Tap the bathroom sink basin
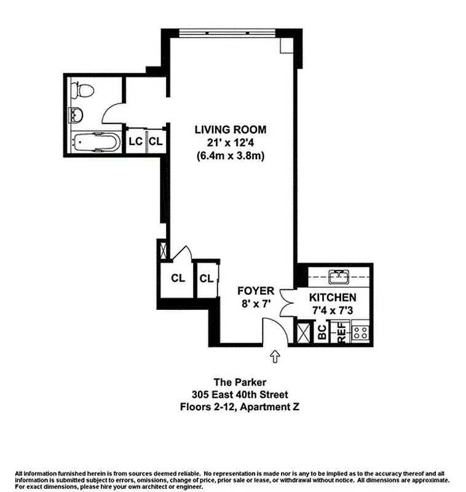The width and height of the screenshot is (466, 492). pyautogui.click(x=77, y=115)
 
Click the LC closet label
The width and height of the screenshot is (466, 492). pyautogui.click(x=135, y=141)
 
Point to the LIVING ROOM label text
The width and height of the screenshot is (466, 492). pyautogui.click(x=231, y=130)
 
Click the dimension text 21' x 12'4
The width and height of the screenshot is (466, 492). pyautogui.click(x=231, y=143)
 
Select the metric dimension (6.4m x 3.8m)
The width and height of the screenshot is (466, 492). pyautogui.click(x=231, y=156)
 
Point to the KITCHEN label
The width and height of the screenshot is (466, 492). pyautogui.click(x=333, y=297)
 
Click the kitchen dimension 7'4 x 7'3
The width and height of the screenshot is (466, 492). pyautogui.click(x=333, y=310)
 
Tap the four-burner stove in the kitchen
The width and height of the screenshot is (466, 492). pyautogui.click(x=360, y=333)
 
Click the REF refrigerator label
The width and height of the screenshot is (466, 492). pyautogui.click(x=341, y=333)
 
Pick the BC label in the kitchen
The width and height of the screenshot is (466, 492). pyautogui.click(x=322, y=333)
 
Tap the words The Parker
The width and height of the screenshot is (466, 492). pyautogui.click(x=233, y=383)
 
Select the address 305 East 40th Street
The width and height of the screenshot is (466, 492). pyautogui.click(x=233, y=394)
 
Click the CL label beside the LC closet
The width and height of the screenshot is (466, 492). pyautogui.click(x=156, y=141)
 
